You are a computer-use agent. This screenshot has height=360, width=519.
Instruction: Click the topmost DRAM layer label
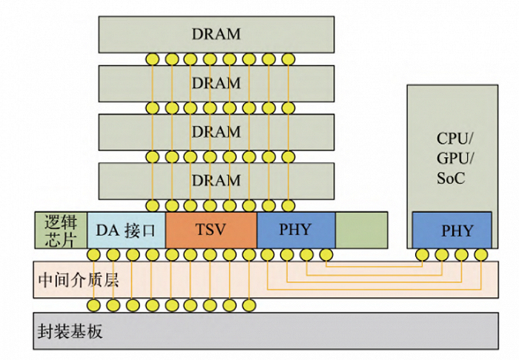point(216,34)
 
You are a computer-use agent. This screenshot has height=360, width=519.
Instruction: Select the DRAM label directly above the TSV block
point(216,180)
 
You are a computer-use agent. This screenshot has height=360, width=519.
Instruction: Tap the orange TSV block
point(211,230)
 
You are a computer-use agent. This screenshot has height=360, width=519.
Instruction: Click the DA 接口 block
point(126,230)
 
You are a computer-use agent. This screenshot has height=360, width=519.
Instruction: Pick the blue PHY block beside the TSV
point(296,230)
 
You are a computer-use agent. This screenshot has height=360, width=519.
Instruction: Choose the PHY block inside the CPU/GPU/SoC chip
point(452,230)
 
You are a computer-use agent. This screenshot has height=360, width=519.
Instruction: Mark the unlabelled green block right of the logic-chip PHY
point(362,230)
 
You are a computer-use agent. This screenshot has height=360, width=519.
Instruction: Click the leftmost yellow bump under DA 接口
point(94,256)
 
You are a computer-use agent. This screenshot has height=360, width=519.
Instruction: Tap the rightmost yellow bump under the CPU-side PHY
point(480,256)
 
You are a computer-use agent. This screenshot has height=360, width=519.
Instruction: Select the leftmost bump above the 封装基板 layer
point(94,305)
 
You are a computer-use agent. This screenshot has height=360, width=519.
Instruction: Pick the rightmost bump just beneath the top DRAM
point(288,59)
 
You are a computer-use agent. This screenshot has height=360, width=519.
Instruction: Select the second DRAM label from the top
point(216,83)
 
